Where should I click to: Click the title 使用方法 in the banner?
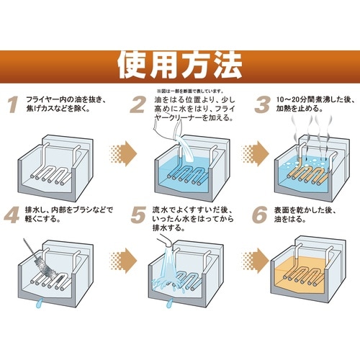point(179,64)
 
